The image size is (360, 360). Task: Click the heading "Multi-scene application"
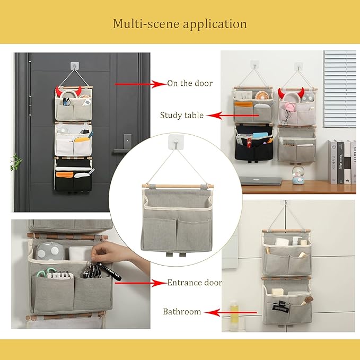point(180,24)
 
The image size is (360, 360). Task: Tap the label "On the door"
point(190,83)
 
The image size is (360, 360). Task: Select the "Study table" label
point(182,115)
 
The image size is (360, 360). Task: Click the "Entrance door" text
point(195,283)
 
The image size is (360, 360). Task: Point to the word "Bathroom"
point(182,312)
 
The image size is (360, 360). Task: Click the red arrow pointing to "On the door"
point(141,84)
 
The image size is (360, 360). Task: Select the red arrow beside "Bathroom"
point(230,312)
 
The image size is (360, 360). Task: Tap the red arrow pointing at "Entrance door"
point(141,283)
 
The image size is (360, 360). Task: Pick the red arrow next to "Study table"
point(232,116)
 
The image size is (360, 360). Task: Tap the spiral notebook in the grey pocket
point(59,275)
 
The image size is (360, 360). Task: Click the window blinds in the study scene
point(339,89)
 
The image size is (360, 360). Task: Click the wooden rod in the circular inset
point(178,186)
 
